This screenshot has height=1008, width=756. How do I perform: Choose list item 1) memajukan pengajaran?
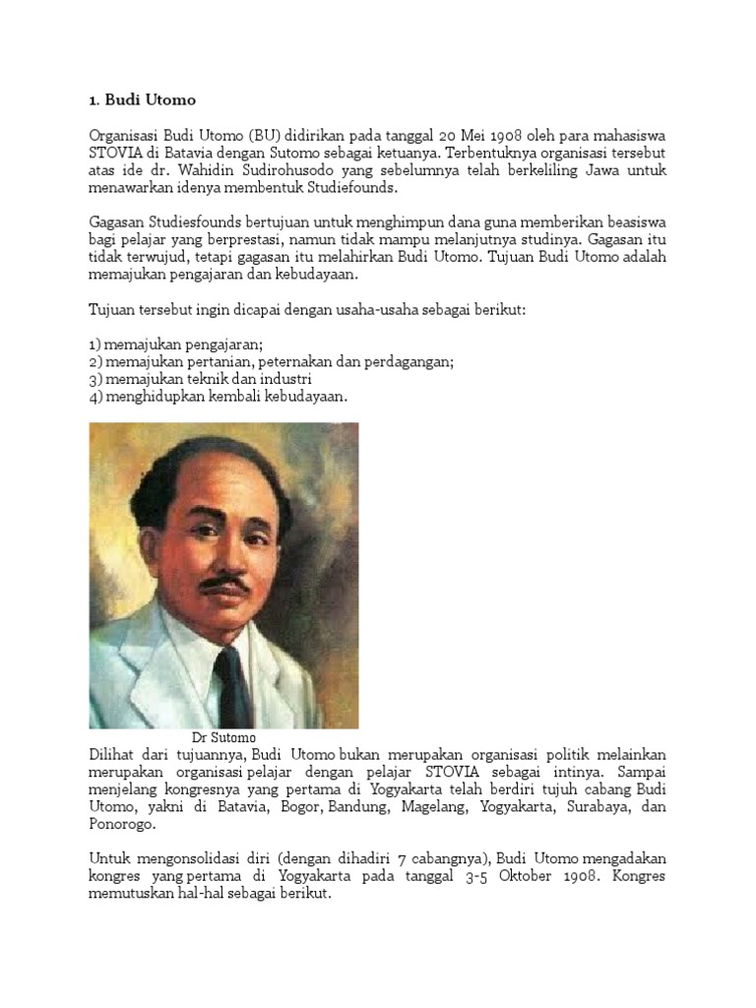tap(176, 344)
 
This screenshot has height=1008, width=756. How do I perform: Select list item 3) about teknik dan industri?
tap(200, 379)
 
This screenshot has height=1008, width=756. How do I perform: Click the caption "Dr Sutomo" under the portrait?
tap(223, 736)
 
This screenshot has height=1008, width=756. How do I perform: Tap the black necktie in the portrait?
tap(232, 679)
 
